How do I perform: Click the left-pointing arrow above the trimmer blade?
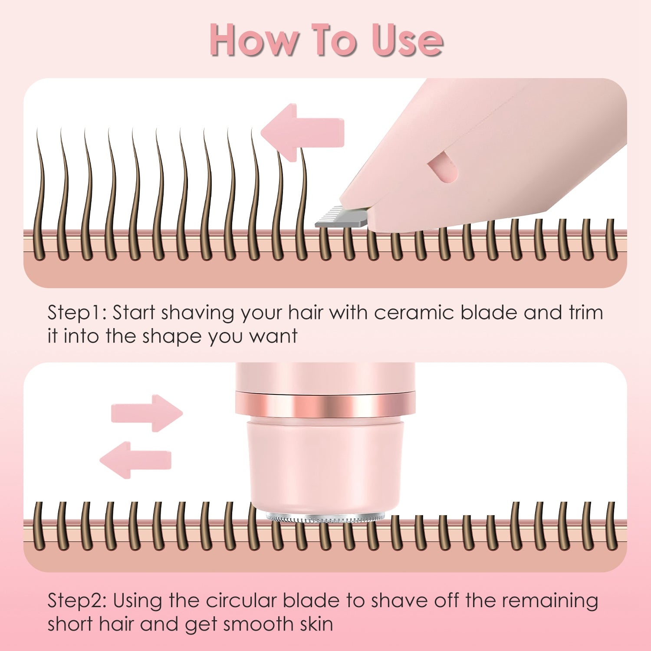303,132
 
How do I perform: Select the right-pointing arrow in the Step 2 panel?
147,413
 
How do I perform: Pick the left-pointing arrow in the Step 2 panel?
135,460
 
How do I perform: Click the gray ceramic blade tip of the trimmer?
341,217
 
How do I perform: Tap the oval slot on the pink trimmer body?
442,169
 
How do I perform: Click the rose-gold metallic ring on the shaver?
325,403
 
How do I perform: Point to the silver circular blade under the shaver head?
325,517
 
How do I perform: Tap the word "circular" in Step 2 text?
241,601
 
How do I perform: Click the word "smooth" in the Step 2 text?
252,625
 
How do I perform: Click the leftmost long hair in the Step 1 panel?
40,195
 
